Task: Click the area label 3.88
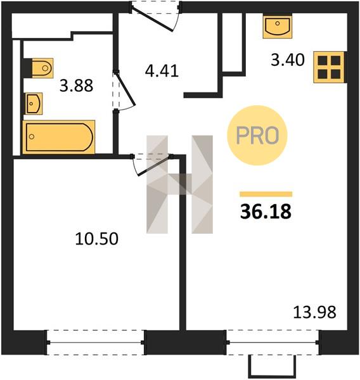click(76, 85)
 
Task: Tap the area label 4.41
click(162, 71)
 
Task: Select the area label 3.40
click(288, 60)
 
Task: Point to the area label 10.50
click(97, 239)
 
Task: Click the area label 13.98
click(315, 312)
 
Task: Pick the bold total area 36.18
click(266, 212)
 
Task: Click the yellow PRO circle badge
click(257, 136)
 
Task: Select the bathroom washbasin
click(34, 103)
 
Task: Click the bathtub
click(58, 137)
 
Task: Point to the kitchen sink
click(278, 27)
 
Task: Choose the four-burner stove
click(329, 67)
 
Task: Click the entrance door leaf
click(153, 20)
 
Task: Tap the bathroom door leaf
click(125, 89)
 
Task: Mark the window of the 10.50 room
click(96, 343)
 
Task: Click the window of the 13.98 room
click(273, 343)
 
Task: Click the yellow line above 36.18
click(266, 194)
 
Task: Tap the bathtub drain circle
click(32, 137)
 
